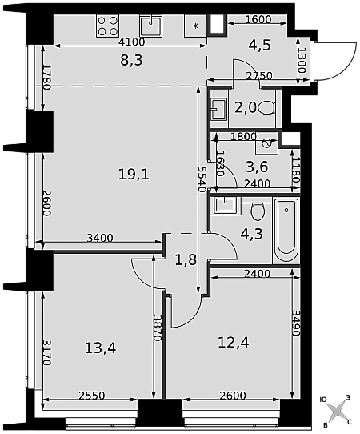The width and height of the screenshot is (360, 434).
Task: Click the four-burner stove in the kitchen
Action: [107, 26]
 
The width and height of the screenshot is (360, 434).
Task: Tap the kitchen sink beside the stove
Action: [150, 26]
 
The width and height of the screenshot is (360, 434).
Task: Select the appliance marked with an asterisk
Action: [195, 26]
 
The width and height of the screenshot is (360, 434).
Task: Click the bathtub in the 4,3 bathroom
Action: [286, 231]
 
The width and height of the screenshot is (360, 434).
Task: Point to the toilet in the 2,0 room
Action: [267, 107]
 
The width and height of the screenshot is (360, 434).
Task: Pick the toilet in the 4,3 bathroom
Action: [258, 211]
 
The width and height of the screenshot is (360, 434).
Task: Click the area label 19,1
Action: [134, 175]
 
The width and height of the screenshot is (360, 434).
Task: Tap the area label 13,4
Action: [100, 348]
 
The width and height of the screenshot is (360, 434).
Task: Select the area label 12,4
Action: [234, 343]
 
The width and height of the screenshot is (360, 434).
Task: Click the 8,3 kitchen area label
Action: [131, 60]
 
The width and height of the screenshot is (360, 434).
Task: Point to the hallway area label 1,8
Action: [186, 260]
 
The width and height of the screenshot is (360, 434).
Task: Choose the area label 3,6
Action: [257, 167]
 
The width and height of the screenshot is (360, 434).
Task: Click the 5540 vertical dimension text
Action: [202, 179]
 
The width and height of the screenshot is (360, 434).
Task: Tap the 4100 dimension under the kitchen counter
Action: [132, 42]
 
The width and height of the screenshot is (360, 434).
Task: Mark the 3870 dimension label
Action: [158, 328]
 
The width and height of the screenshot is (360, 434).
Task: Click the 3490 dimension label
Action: [296, 323]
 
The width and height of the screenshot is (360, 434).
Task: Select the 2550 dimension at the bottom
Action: [91, 396]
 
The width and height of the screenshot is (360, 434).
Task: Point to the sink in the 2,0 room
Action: [219, 109]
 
